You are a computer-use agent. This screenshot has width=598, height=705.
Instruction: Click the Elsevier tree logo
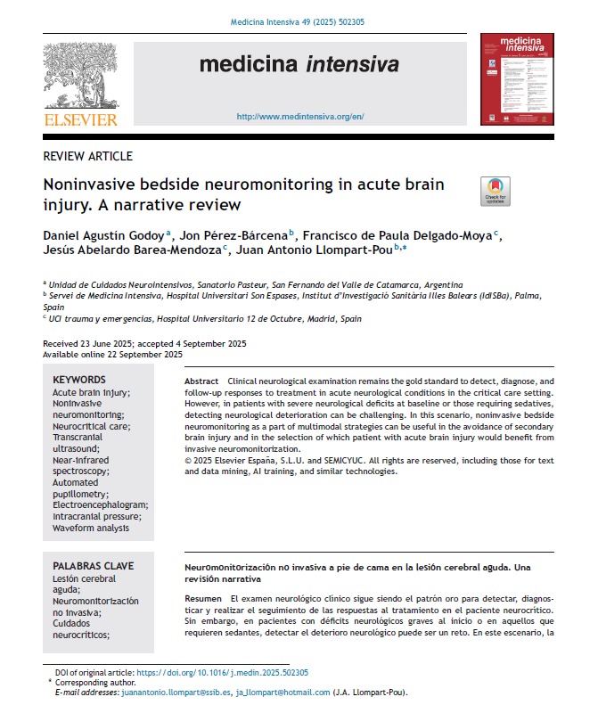click(79, 77)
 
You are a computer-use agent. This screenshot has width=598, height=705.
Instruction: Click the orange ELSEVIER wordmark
click(79, 119)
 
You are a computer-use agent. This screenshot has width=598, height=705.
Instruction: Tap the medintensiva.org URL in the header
click(299, 117)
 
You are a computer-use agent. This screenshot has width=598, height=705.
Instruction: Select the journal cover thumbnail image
click(517, 78)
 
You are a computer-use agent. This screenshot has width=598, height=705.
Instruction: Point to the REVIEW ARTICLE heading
click(88, 156)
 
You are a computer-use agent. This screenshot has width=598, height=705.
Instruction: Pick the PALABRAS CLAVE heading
click(93, 565)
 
